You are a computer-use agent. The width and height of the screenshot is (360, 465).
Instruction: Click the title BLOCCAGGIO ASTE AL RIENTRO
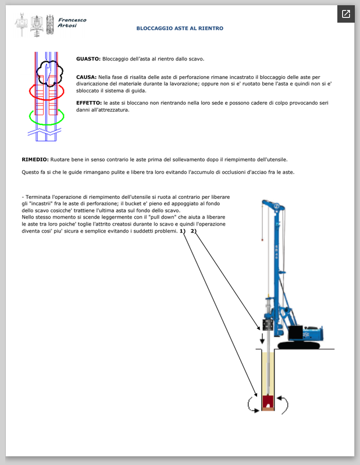tap(180, 28)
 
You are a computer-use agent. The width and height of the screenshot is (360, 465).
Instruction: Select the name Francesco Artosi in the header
tap(72, 23)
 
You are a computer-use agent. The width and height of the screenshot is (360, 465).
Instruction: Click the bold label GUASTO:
tap(88, 59)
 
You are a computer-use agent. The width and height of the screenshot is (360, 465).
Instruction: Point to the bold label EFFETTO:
tap(90, 102)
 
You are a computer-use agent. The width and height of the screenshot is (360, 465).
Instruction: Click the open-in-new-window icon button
tap(345, 14)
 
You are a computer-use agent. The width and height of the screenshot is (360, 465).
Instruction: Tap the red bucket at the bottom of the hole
tap(268, 401)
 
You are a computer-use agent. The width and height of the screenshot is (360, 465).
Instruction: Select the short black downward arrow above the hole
tap(261, 338)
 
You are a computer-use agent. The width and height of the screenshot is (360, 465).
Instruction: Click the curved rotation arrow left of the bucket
tap(251, 403)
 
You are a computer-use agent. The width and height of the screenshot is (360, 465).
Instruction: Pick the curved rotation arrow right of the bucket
tap(283, 403)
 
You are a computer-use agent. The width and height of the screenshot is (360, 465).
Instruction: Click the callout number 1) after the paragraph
tap(182, 231)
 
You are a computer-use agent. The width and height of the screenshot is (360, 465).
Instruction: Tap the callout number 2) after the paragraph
tap(194, 231)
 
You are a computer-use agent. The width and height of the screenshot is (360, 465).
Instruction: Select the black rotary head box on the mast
tap(268, 324)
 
